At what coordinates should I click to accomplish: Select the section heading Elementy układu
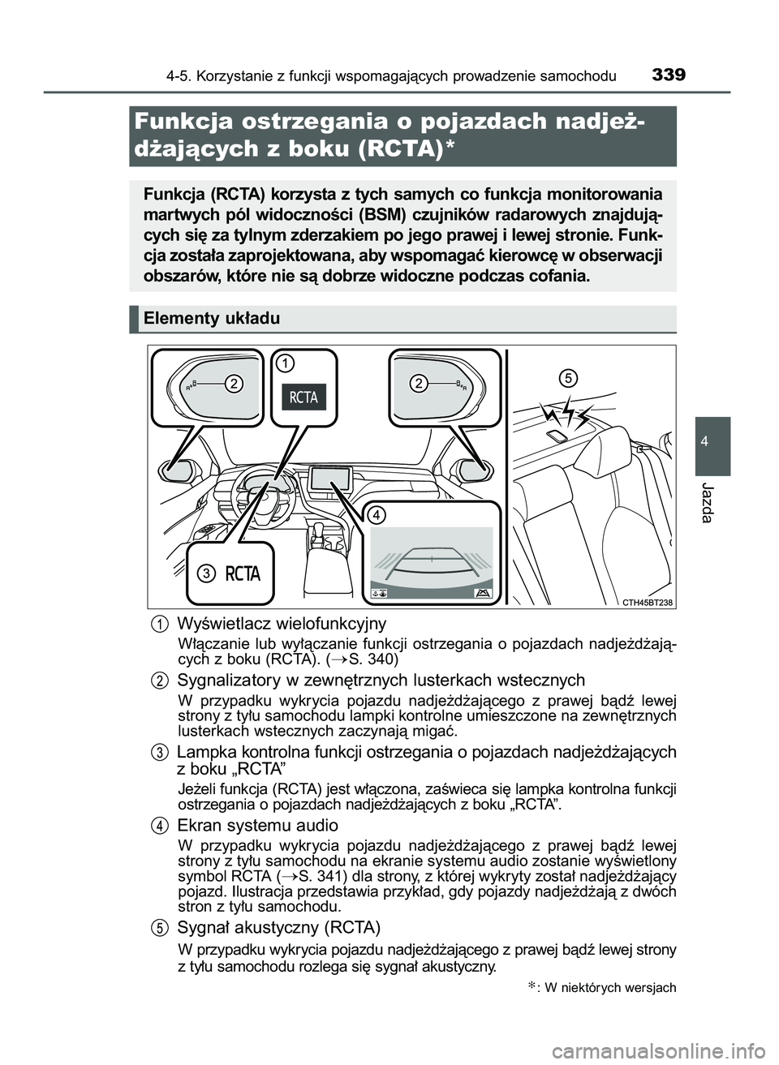211,319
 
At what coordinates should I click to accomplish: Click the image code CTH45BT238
648,601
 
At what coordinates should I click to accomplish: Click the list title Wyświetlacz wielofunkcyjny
281,624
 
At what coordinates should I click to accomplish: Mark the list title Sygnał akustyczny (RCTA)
278,927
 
